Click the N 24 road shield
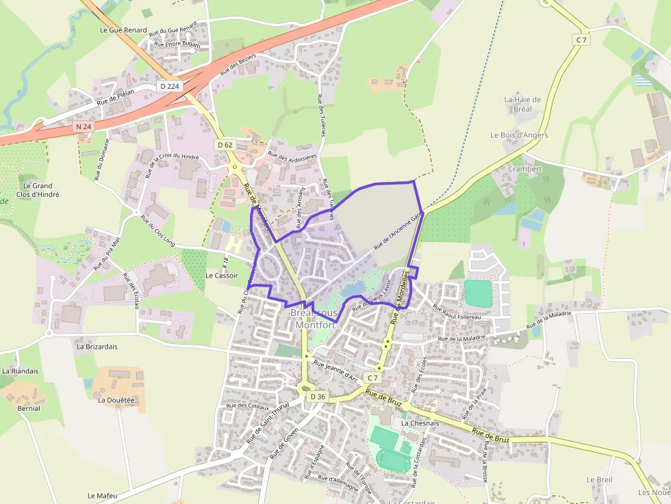pyautogui.click(x=84, y=127)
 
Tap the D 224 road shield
pyautogui.click(x=168, y=86)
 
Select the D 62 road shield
pyautogui.click(x=225, y=144)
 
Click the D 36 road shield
pyautogui.click(x=317, y=397)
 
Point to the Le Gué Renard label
pyautogui.click(x=123, y=30)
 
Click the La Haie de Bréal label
pyautogui.click(x=522, y=104)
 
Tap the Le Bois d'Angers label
pyautogui.click(x=519, y=135)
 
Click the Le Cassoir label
pyautogui.click(x=221, y=275)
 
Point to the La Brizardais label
pyautogui.click(x=97, y=347)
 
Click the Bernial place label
pyautogui.click(x=29, y=408)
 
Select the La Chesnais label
pyautogui.click(x=420, y=423)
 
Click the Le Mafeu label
pyautogui.click(x=103, y=495)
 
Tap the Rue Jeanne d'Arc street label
pyautogui.click(x=335, y=371)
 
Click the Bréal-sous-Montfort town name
pyautogui.click(x=316, y=319)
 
